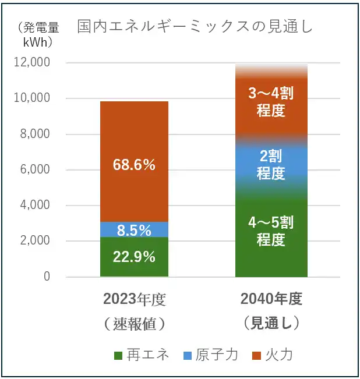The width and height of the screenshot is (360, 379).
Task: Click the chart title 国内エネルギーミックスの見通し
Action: point(196,27)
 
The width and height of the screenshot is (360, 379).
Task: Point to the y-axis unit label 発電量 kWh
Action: point(38,34)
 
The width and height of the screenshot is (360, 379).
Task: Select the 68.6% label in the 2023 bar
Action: point(134,165)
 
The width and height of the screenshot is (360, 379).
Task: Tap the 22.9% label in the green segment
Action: point(134,256)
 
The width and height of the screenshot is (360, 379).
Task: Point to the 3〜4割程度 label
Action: point(271,102)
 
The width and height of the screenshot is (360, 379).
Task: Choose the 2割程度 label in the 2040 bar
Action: point(271,165)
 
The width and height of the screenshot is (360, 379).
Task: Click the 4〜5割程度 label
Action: point(271,231)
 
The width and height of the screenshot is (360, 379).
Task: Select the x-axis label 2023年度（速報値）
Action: point(135,311)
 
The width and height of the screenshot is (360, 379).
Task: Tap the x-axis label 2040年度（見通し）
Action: point(271,311)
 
